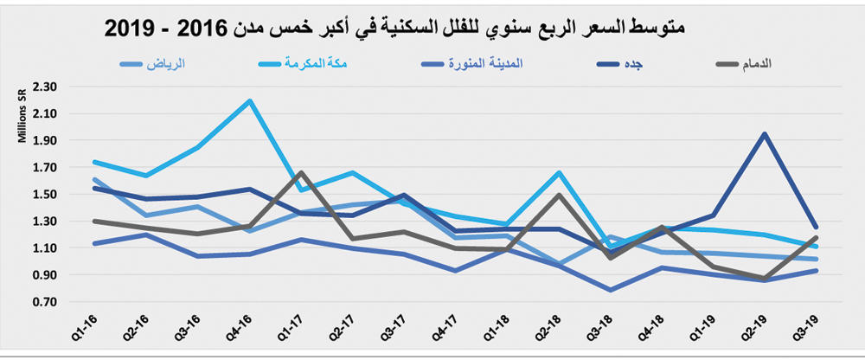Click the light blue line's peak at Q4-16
(250, 100)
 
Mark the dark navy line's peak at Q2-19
(765, 134)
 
